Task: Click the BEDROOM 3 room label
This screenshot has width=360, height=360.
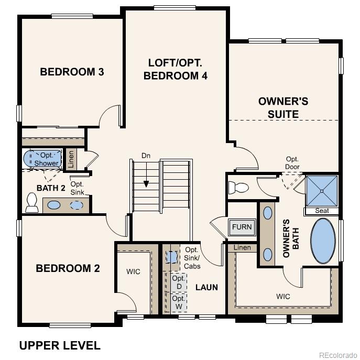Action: [x=72, y=72]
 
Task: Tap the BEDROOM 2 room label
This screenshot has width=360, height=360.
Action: [x=68, y=268]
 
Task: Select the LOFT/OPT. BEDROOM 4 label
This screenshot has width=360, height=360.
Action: [x=175, y=69]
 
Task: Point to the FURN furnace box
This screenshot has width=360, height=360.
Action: [x=242, y=227]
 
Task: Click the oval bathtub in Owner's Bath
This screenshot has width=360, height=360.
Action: [x=323, y=241]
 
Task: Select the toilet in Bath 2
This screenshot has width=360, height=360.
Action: [x=32, y=203]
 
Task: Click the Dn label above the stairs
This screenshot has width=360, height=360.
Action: [x=146, y=156]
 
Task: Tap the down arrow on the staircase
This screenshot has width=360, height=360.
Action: [x=146, y=184]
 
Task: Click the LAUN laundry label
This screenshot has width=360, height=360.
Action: [x=206, y=287]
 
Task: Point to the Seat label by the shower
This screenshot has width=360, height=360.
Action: [x=322, y=211]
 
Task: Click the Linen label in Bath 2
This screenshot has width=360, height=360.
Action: [x=71, y=159]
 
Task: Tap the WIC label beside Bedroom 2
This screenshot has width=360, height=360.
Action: [x=133, y=272]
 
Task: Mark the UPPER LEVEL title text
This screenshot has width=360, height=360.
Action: [x=60, y=345]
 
